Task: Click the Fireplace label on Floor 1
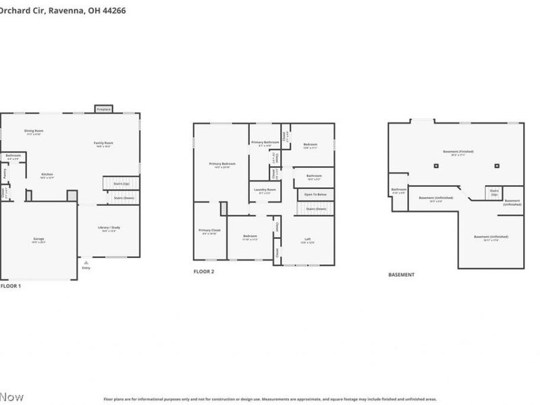point(103,109)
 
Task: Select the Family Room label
point(103,144)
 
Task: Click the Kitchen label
point(47,175)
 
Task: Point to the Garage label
point(39,240)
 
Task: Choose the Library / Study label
point(109,228)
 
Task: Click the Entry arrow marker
point(85,262)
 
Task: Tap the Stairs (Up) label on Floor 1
point(122,183)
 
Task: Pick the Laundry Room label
point(265,190)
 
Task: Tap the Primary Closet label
point(209,231)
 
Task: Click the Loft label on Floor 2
point(307,240)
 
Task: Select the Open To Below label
point(316,194)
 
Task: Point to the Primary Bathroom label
point(265,142)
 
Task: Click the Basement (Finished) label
point(458,152)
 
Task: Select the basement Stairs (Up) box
point(494,192)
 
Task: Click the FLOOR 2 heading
point(204,271)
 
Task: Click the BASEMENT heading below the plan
point(401,275)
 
